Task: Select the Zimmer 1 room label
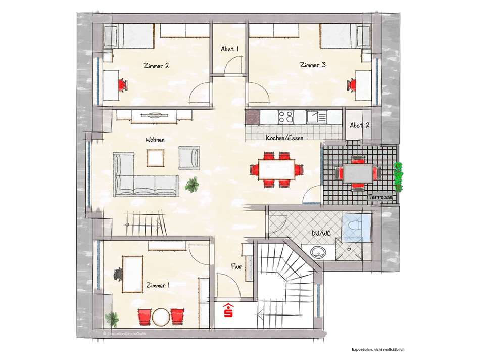point(157,286)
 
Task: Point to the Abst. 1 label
point(229,49)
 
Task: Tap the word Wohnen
point(155,140)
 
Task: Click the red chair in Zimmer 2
point(122,84)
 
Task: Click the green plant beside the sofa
point(191,185)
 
